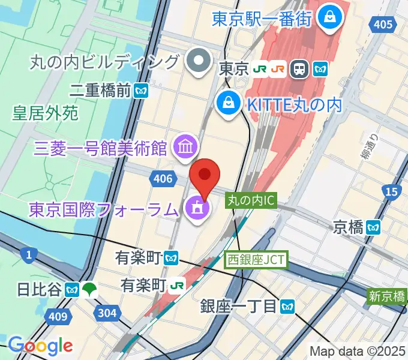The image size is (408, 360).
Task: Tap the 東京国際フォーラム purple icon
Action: (x=197, y=209)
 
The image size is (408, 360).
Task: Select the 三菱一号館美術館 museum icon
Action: (x=184, y=145)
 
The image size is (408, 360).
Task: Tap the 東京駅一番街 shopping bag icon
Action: (x=329, y=18)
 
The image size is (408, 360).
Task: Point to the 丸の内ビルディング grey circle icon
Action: (x=196, y=61)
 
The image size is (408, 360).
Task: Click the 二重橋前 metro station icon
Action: (x=142, y=91)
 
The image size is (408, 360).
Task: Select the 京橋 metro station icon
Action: (x=374, y=227)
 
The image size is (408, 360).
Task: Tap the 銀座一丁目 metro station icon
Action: (x=287, y=307)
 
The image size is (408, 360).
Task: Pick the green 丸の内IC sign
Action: (x=251, y=201)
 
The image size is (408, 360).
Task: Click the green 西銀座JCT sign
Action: (x=257, y=260)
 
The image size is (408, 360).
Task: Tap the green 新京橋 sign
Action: (x=388, y=296)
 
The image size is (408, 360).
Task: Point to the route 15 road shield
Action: (x=392, y=191)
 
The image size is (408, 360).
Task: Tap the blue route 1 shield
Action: (x=28, y=256)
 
